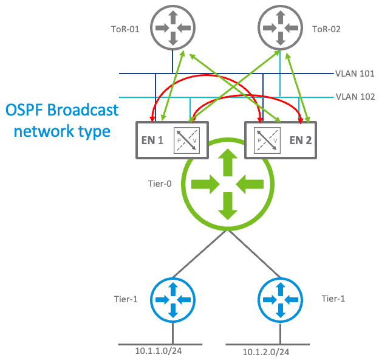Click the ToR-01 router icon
(x=172, y=28)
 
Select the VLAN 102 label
(x=355, y=96)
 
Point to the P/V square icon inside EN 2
(x=265, y=139)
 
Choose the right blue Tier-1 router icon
(x=279, y=299)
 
